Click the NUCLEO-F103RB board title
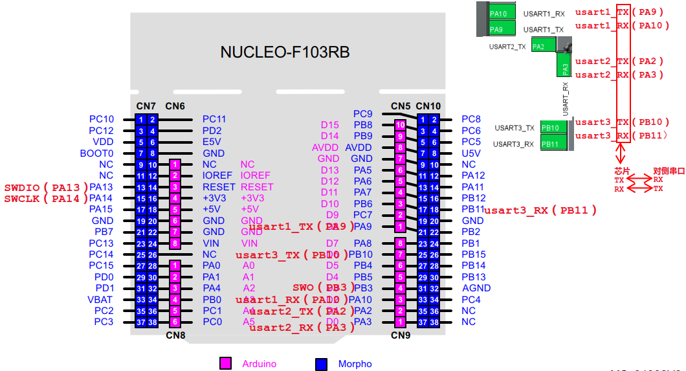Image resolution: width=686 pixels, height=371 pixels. [x=285, y=52]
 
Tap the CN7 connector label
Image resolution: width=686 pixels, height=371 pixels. [x=146, y=106]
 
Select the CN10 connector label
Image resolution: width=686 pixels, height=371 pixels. [x=428, y=106]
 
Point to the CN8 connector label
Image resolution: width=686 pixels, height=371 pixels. [x=175, y=335]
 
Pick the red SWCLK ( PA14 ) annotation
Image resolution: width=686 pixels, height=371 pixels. [x=46, y=199]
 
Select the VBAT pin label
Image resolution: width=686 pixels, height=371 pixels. [x=100, y=300]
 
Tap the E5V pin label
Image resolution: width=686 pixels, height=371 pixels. [x=212, y=142]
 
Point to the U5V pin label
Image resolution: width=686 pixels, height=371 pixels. [x=471, y=153]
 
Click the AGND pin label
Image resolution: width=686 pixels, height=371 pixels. [x=476, y=288]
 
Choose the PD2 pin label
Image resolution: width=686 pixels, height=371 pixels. [x=212, y=131]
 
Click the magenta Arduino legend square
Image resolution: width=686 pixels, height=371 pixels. [x=225, y=363]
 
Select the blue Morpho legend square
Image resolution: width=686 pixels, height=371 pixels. [x=321, y=363]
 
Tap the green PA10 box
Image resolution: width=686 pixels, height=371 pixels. [x=502, y=13]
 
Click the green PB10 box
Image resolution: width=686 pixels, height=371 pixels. [x=554, y=128]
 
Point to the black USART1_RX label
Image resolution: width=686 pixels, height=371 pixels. [x=544, y=13]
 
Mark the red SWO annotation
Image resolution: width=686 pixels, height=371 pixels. [x=303, y=287]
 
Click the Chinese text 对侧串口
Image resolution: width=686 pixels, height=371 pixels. [x=668, y=171]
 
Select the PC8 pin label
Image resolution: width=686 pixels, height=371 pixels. [x=471, y=119]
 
